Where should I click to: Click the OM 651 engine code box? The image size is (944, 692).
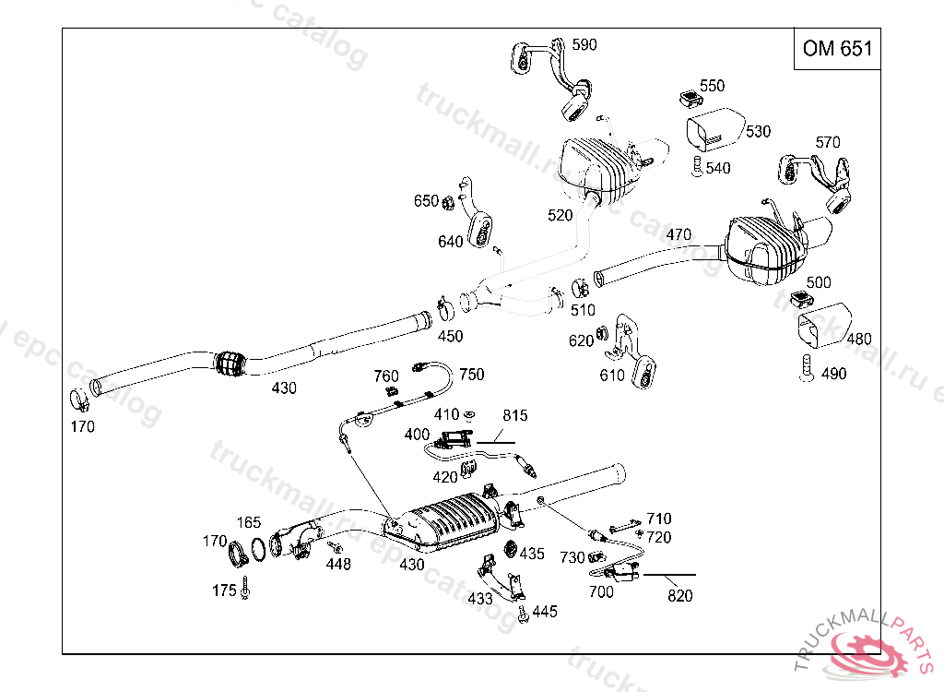(836, 49)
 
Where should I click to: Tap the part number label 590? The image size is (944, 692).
(584, 44)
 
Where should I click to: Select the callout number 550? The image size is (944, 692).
(712, 86)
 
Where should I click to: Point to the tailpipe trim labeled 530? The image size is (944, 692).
(716, 130)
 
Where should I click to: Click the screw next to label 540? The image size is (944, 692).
(696, 167)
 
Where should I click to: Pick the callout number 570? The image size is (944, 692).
(828, 142)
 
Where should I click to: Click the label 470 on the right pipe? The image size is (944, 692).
(678, 235)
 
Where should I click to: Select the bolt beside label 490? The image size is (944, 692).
(806, 371)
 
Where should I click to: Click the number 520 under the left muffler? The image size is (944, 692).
(560, 215)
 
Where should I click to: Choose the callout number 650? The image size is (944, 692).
(426, 201)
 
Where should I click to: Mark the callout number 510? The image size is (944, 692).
(583, 311)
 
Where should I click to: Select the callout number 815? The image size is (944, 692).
(515, 416)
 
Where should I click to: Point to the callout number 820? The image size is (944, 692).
(679, 596)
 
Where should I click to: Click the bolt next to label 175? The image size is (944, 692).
(246, 589)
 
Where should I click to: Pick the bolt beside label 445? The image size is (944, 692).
(523, 612)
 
